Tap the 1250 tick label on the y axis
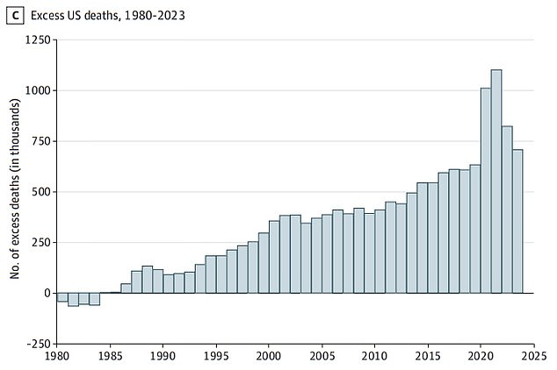37,40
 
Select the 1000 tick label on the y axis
37,90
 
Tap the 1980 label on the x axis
57,358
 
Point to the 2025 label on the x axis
533,358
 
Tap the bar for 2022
507,210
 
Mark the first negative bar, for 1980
62,297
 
